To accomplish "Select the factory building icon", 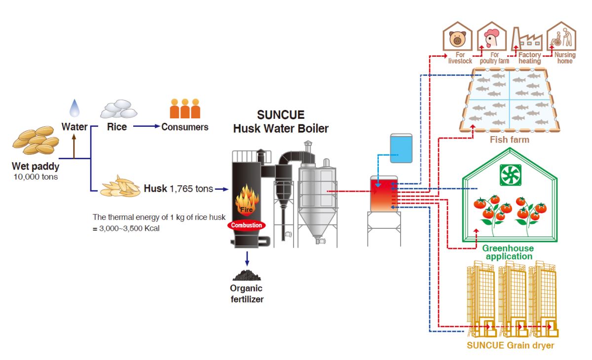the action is click(527, 39).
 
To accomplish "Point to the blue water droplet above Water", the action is click(74, 108).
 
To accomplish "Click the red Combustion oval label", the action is click(247, 225).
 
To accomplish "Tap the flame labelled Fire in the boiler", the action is click(247, 200).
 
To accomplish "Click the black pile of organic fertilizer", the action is click(247, 275).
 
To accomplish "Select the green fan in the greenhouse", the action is click(510, 175).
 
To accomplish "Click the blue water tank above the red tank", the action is click(401, 148).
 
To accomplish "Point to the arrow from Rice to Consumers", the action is click(147, 126).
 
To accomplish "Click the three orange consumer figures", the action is click(185, 108).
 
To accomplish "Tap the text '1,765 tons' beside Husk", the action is click(191, 189).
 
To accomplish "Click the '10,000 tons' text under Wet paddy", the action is click(36, 177).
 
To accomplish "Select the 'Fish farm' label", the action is click(510, 140).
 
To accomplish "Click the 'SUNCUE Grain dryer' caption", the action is click(510, 345).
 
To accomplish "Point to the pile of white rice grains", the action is click(119, 109).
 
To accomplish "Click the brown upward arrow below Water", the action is click(74, 146).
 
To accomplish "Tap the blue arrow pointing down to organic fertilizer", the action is click(247, 258).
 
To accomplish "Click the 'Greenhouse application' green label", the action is click(509, 252).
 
